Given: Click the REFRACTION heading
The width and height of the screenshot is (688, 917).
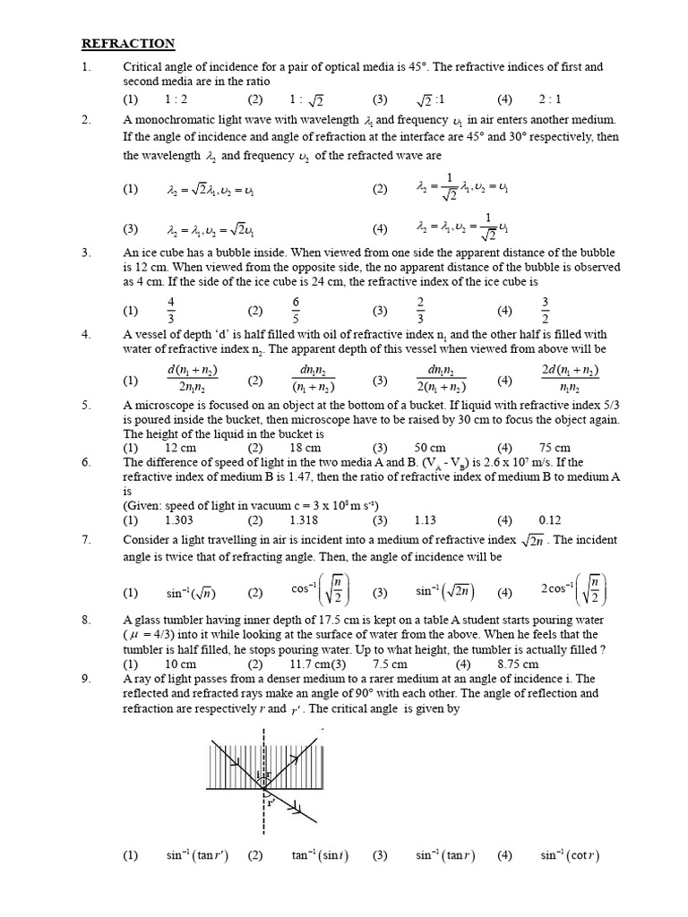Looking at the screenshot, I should coord(128,43).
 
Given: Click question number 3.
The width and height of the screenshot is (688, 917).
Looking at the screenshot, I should coord(86,253).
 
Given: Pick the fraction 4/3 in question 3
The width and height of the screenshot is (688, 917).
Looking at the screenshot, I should coord(171,311).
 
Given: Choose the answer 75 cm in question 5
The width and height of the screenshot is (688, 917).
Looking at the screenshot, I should coord(555,448).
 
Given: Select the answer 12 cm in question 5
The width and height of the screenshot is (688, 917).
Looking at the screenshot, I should coord(181,448).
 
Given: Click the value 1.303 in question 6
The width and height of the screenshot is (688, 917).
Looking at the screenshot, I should coord(180,519).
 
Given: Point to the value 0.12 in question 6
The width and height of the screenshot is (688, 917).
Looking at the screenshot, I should coord(549,519).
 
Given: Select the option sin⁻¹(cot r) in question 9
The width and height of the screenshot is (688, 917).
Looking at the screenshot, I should coord(568,855).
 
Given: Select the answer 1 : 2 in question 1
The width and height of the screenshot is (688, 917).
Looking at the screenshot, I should coord(176,99).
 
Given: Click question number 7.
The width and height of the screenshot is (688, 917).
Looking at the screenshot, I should coord(86,542).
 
